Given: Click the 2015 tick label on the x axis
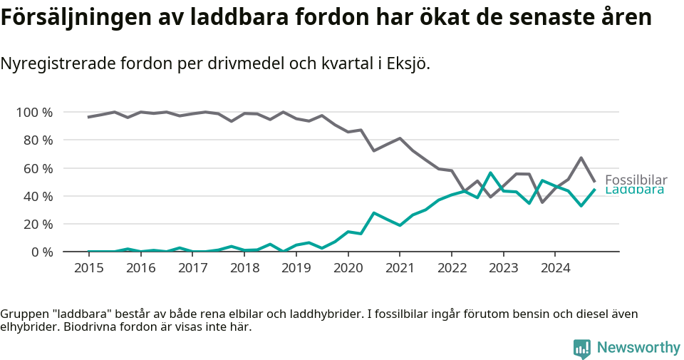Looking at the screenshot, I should pos(89,268).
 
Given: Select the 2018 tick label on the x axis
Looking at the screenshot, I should pos(244,268).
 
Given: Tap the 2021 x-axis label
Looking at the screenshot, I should pos(400,268).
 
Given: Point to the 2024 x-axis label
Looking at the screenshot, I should pos(555,268).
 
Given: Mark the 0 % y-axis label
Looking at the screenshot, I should pos(41,252).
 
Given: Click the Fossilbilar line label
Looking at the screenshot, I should pos(636,180).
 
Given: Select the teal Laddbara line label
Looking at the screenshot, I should pos(634,190).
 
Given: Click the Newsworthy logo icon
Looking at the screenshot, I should pos(581,348).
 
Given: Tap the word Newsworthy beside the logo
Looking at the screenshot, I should pos(638,348).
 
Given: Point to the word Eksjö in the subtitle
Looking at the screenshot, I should pos(408,63).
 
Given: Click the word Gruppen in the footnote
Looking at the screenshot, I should pos(24,314).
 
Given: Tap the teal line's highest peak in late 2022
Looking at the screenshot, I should pos(490,173).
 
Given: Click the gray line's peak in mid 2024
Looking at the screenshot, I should pos(581,158).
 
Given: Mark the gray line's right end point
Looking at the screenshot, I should pos(595,182).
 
